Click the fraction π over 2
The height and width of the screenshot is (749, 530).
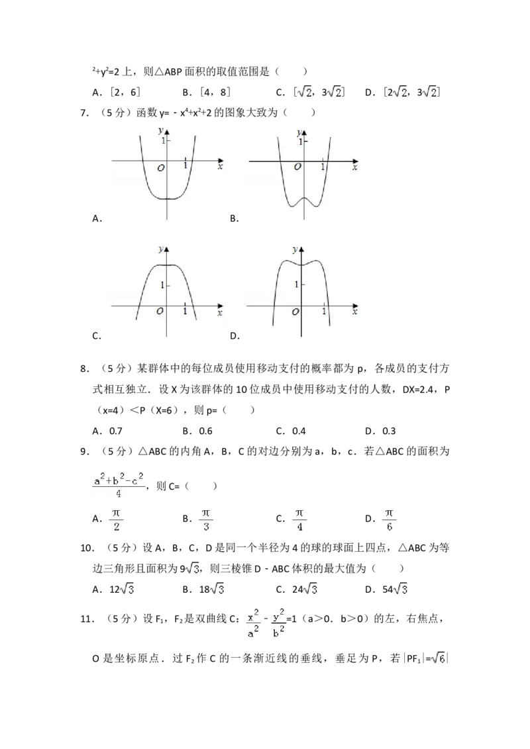pyautogui.click(x=117, y=520)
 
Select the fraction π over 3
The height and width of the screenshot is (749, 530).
pyautogui.click(x=206, y=520)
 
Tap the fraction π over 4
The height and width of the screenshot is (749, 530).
pyautogui.click(x=299, y=520)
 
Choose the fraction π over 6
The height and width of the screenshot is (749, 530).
pyautogui.click(x=390, y=520)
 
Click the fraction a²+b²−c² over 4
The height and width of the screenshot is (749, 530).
pyautogui.click(x=119, y=486)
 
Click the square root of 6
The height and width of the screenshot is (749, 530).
pyautogui.click(x=437, y=658)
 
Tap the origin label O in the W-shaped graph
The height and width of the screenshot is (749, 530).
pyautogui.click(x=297, y=167)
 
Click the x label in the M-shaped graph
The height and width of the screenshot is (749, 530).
pyautogui.click(x=355, y=312)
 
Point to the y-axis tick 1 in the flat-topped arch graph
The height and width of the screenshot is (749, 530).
pyautogui.click(x=161, y=285)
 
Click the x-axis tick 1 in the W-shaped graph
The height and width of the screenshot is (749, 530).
pyautogui.click(x=323, y=167)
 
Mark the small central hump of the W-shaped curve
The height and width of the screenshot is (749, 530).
pyautogui.click(x=304, y=198)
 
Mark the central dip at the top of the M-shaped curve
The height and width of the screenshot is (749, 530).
pyautogui.click(x=301, y=265)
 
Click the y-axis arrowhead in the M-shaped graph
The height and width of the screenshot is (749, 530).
pyautogui.click(x=301, y=250)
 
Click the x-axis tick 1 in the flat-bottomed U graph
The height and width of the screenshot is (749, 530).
pyautogui.click(x=185, y=165)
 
